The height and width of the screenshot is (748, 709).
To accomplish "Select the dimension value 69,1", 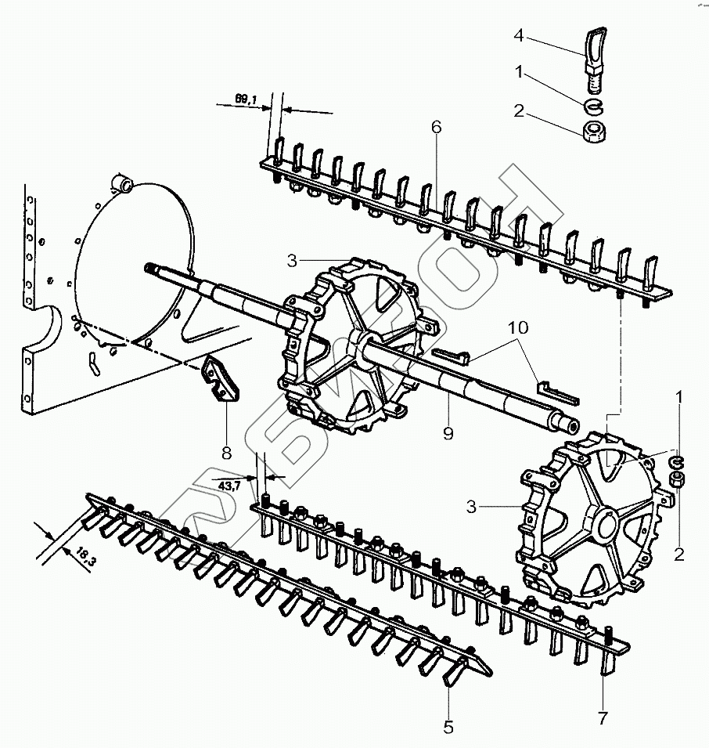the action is (244, 99).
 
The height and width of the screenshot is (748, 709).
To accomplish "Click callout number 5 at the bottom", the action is (448, 728).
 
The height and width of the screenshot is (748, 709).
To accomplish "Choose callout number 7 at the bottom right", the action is (603, 717).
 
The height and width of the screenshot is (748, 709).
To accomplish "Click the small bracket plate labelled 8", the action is (221, 380).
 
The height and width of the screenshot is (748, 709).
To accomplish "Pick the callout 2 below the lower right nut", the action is (679, 554).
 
